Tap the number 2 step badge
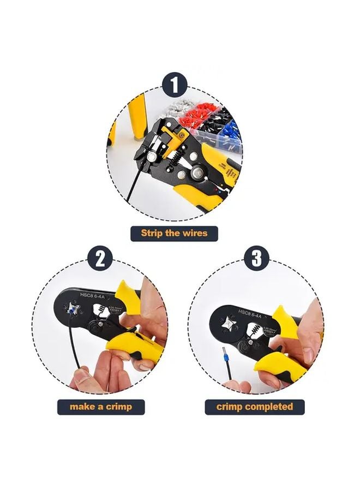[100, 258]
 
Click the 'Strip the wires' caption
[174, 233]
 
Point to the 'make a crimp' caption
[101, 406]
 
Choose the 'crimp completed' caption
[255, 406]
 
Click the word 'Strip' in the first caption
[152, 233]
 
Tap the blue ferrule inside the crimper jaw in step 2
[72, 312]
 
